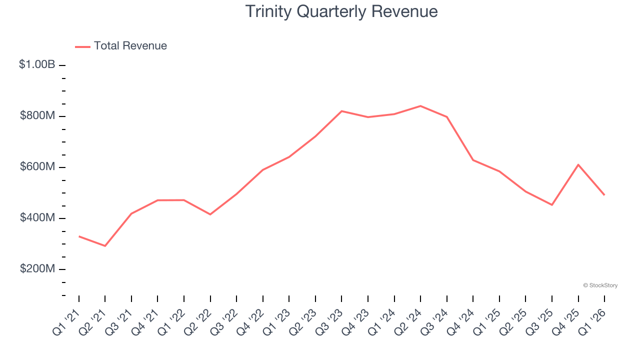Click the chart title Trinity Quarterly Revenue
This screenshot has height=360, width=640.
point(341,11)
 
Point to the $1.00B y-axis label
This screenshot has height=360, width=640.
point(37,64)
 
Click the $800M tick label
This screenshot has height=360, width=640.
point(37,116)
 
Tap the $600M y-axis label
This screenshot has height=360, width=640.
point(37,167)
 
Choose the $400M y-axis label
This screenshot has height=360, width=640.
point(37,218)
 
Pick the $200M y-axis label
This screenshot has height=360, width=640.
point(37,269)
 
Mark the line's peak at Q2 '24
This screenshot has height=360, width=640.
point(420,106)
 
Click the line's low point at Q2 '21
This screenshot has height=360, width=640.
point(105,246)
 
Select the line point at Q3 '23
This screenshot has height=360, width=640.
point(341,111)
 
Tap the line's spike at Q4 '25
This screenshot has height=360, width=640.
point(578,164)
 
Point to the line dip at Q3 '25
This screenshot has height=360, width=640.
point(552,205)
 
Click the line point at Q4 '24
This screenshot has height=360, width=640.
point(473,160)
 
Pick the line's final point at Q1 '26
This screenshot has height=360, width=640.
point(604,194)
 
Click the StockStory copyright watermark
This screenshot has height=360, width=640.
point(600,285)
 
